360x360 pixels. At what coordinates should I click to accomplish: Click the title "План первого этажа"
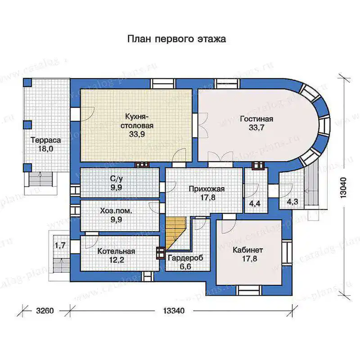click(176, 39)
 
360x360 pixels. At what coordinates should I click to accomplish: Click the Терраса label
click(46, 140)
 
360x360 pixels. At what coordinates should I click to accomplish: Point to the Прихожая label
click(207, 189)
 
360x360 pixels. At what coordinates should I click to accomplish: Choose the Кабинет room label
click(248, 250)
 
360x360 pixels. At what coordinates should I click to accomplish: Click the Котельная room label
click(116, 251)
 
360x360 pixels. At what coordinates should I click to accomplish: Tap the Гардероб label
click(185, 258)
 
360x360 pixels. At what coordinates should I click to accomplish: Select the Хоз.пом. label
click(116, 211)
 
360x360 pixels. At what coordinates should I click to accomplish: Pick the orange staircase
click(175, 233)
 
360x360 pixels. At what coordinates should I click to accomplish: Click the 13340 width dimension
click(174, 311)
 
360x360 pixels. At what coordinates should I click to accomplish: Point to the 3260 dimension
click(45, 311)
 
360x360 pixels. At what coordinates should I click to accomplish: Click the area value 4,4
click(255, 203)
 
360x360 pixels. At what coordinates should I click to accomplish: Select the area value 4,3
click(292, 202)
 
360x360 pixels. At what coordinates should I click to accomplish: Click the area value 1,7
click(60, 245)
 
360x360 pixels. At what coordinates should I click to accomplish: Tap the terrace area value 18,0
click(46, 149)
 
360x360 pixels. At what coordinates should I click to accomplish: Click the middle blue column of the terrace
click(27, 125)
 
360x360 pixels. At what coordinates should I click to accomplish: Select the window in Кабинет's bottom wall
click(249, 290)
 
